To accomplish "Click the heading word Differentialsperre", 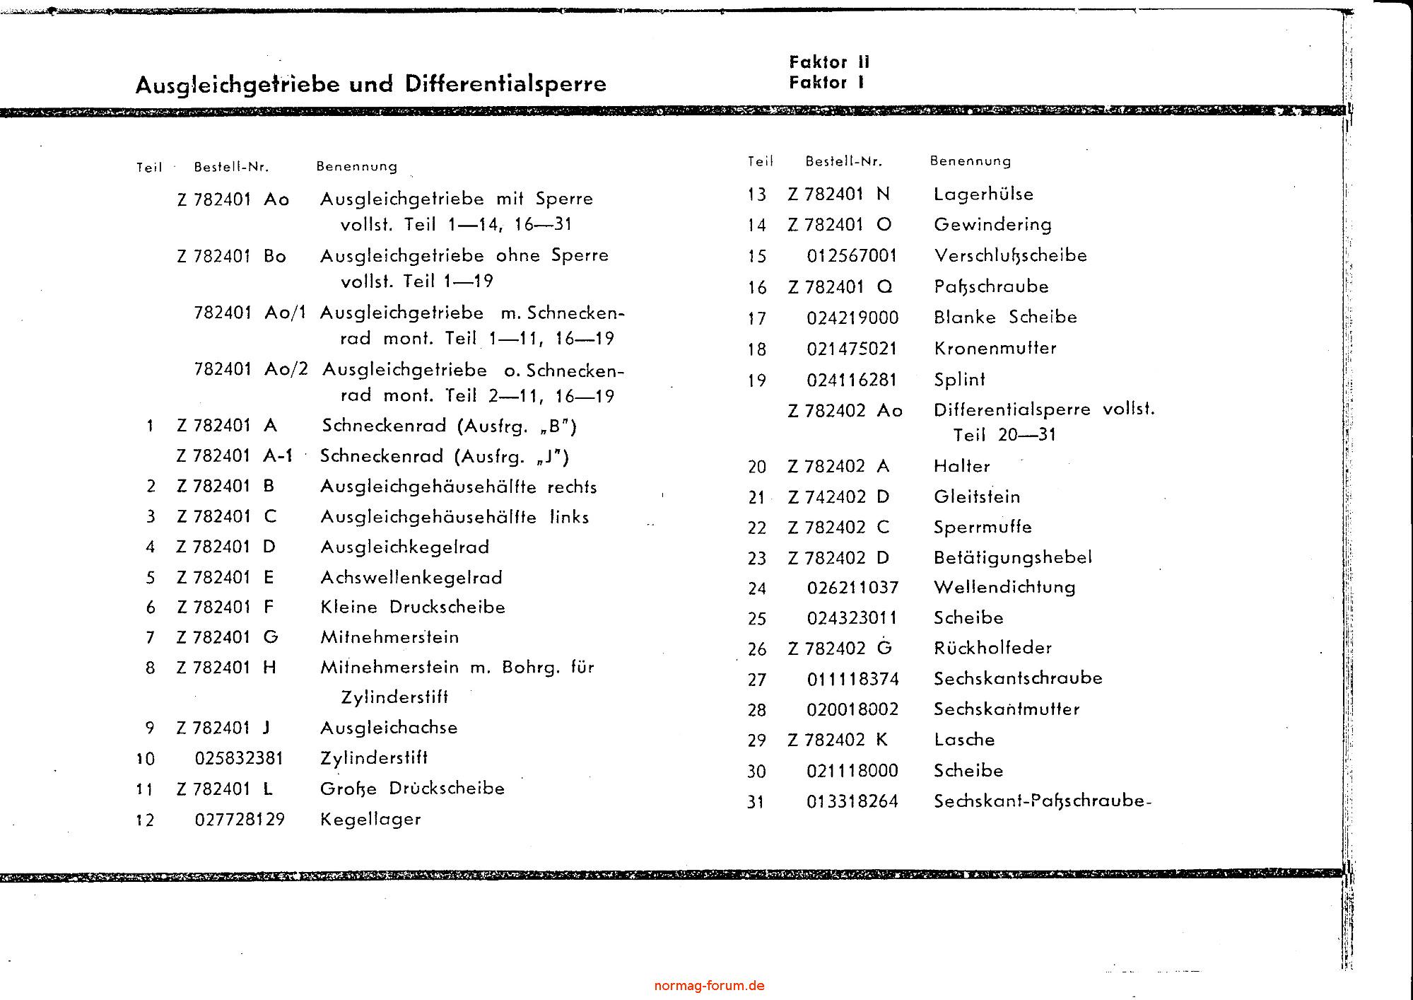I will pos(505,84).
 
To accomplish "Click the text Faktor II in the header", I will pos(829,62).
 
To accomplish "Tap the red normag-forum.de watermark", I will pos(709,985).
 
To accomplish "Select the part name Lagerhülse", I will pos(983,194).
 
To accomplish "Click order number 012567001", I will pos(852,255).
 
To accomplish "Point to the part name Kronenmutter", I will pos(995,349).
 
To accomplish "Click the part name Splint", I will pos(959,380).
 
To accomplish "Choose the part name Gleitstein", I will pos(977,497).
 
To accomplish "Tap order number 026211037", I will pos(852,588).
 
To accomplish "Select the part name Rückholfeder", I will pos(992,648).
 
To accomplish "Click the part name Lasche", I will pos(964,740).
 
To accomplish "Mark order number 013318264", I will pos(852,801).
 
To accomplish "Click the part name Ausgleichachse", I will pos(389,728).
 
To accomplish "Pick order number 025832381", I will pos(239,759).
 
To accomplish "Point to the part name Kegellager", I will pos(370,820).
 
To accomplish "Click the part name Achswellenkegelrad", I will pos(411,578).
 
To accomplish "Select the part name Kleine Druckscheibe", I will pos(413,607).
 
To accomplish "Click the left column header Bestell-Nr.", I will pos(231,168).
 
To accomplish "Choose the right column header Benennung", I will pos(970,161).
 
